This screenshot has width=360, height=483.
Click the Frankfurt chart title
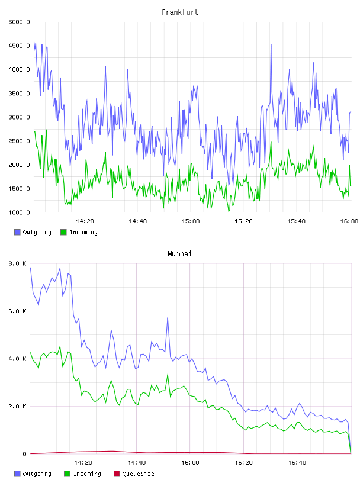[x=180, y=12]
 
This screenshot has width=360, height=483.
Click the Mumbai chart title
[x=179, y=254]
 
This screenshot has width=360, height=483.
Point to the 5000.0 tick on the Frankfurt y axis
[x=20, y=22]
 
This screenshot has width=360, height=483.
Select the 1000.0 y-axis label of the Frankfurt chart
[x=20, y=212]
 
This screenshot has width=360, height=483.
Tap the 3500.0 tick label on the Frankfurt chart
[x=20, y=94]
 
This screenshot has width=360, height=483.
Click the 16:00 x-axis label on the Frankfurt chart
[x=349, y=221]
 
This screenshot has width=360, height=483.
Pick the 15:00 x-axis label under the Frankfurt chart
[x=191, y=221]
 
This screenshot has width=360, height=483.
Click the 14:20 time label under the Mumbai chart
[x=83, y=463]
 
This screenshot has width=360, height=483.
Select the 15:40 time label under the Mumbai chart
[x=297, y=463]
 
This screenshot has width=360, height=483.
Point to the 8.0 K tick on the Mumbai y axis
[x=18, y=263]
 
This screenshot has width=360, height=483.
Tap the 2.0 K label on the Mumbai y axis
[x=18, y=406]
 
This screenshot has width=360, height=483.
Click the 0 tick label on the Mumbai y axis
[x=24, y=454]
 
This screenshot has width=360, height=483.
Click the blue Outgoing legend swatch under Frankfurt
[x=17, y=232]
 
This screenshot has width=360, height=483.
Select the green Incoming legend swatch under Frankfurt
[x=63, y=232]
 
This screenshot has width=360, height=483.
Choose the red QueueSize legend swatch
[x=117, y=474]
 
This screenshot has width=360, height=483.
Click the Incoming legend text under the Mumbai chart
[x=87, y=474]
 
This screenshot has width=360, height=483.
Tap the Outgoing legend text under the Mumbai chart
[x=37, y=474]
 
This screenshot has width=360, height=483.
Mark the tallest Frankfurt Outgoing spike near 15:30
[x=271, y=44]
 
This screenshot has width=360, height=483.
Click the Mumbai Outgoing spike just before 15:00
[x=168, y=318]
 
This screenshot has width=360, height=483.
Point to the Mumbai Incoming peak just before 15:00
[x=168, y=374]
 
